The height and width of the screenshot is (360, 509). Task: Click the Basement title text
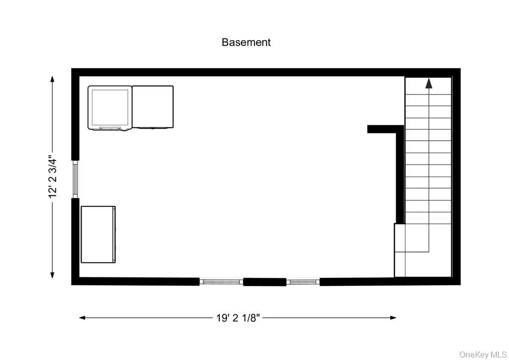[x=246, y=42]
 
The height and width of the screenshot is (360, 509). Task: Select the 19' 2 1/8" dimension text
[x=238, y=318]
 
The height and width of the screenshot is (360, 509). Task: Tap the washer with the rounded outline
[x=110, y=108]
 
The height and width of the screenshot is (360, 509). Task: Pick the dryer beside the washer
[x=153, y=107]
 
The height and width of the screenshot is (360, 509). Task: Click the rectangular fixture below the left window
[x=98, y=234]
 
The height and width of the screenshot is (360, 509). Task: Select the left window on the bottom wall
[x=221, y=282]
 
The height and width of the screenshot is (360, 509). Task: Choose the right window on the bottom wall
[x=303, y=282]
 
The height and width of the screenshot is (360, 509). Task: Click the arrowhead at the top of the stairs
[x=428, y=83]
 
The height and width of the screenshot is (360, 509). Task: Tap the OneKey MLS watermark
[x=484, y=354]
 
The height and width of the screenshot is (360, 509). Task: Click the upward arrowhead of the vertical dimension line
[x=52, y=79]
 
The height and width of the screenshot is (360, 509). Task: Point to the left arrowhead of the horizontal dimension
[x=83, y=318]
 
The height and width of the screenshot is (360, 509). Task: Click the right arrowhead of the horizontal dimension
[x=393, y=318]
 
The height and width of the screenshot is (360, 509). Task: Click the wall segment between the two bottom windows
[x=264, y=282]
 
